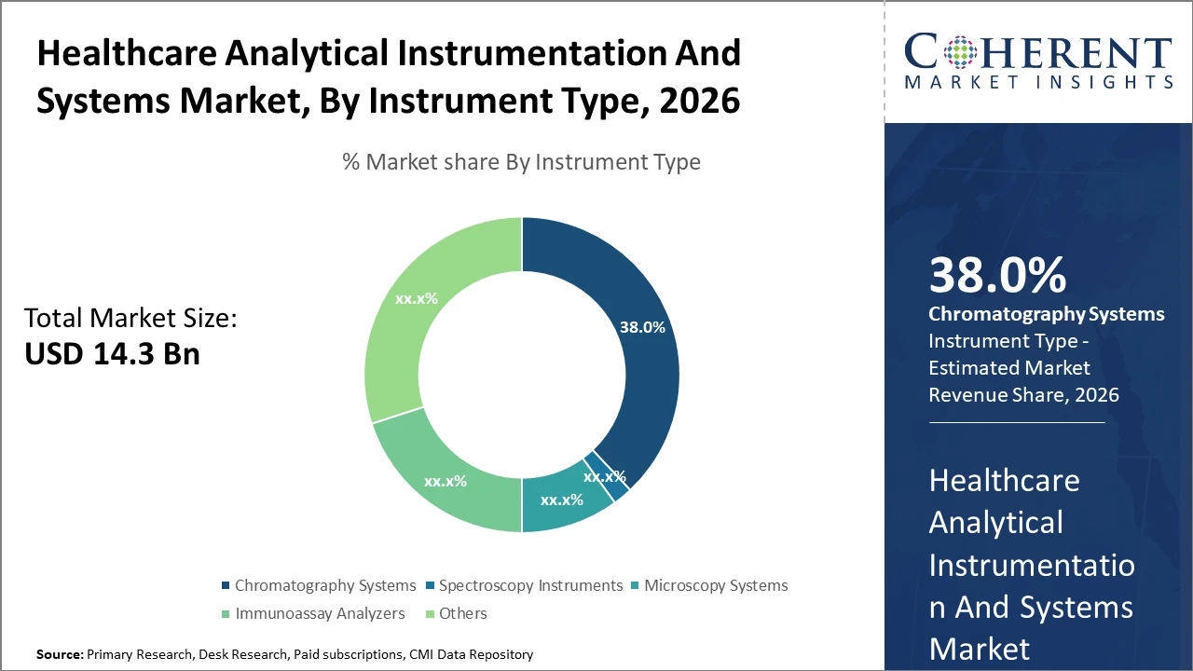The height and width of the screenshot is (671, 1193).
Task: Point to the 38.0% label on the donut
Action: pos(642,327)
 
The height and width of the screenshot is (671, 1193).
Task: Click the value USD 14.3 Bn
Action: pos(112,354)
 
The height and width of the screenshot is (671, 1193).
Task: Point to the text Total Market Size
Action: pos(130,319)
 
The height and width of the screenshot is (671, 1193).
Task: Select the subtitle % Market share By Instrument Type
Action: pos(521,162)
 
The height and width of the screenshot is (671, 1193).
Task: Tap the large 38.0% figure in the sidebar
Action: pos(996,276)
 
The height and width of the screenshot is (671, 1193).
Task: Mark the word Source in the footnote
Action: pos(58,655)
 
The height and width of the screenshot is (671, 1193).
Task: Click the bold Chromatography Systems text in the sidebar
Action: pos(1046,314)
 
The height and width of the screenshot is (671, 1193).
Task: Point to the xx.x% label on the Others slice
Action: pos(417,299)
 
